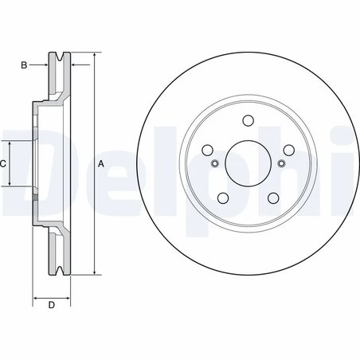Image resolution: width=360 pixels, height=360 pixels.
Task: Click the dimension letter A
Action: tap(101, 163)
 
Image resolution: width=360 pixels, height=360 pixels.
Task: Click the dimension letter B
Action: tap(25, 65)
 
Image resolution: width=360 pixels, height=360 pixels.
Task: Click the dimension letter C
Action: tap(3, 163)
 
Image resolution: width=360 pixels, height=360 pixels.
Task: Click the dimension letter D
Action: tap(51, 305)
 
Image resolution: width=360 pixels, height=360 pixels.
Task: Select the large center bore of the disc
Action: tap(247, 163)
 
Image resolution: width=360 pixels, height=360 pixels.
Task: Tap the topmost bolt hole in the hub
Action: tap(247, 122)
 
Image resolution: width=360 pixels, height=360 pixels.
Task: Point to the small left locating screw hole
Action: tap(213, 164)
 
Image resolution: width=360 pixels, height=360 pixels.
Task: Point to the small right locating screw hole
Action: tap(281, 164)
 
